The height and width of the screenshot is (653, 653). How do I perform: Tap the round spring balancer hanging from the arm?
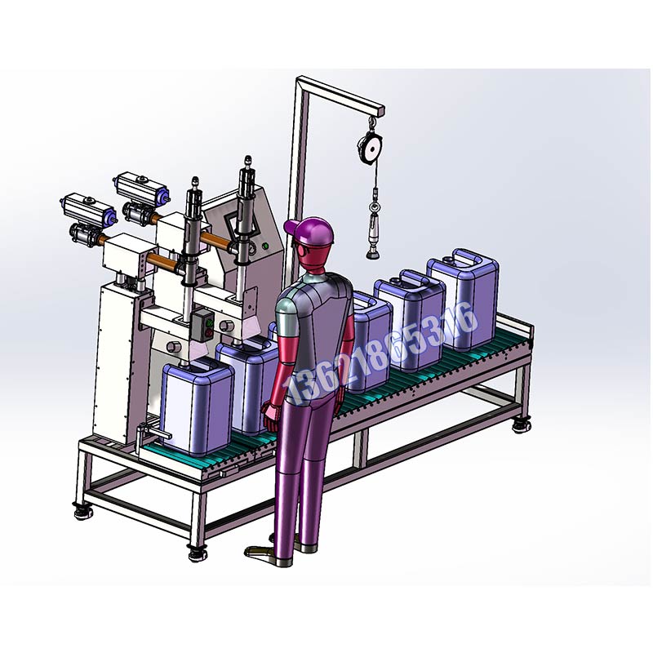[x=370, y=148]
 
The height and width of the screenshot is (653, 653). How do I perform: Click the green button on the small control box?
[x=210, y=322]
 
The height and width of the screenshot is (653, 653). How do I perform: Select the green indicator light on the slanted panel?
[x=264, y=247]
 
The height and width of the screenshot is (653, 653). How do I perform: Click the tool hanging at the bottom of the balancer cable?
[x=373, y=236]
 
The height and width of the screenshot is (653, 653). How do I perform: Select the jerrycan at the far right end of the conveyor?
[x=463, y=299]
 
